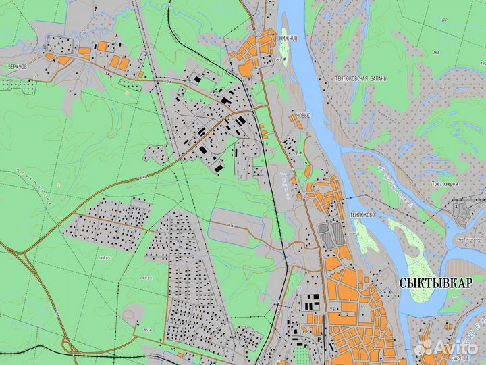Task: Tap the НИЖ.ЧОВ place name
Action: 288,39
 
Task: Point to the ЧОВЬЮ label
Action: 303,116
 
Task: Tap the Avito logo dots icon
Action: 423,346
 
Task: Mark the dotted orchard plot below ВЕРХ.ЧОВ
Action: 20,85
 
